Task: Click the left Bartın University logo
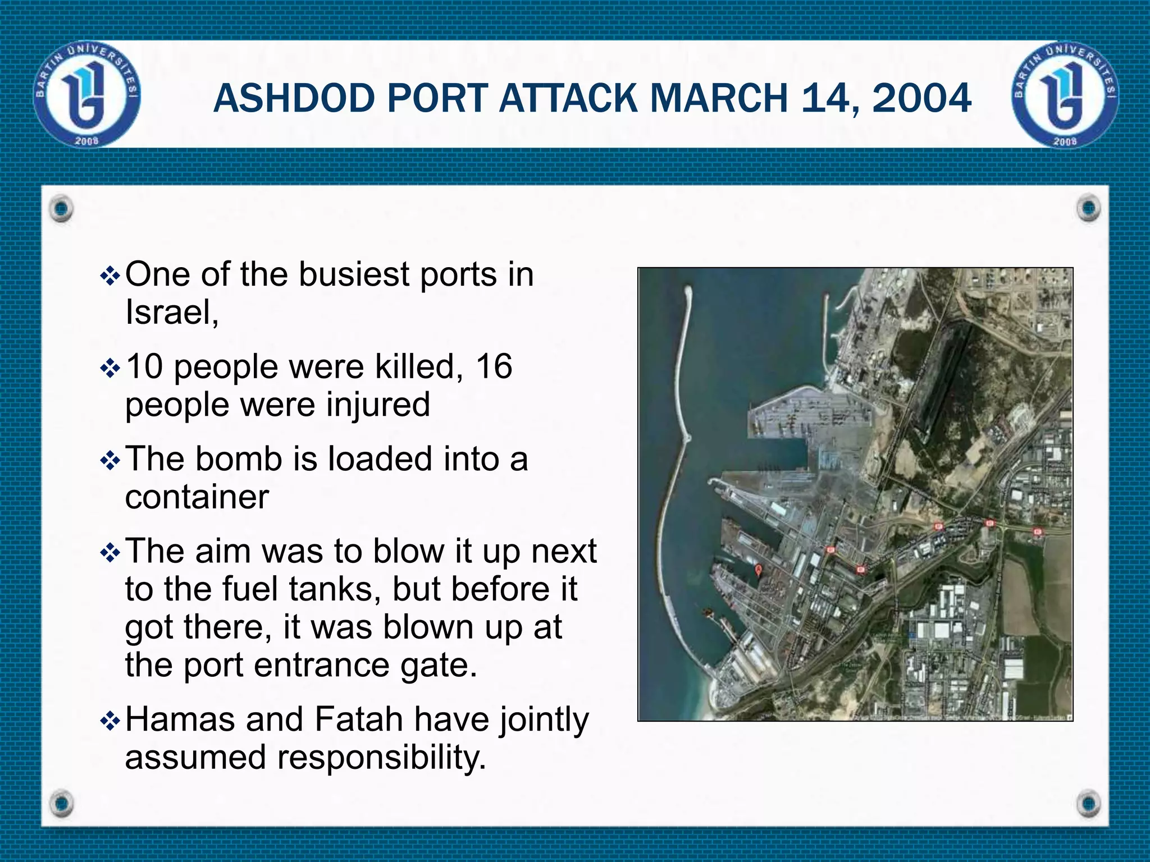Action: coord(88,94)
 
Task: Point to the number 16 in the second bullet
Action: coord(494,366)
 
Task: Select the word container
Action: coord(197,497)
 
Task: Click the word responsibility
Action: coord(381,758)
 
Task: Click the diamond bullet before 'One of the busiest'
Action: coord(109,276)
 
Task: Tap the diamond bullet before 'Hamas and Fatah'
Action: coord(109,721)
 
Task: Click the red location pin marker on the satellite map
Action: coord(758,570)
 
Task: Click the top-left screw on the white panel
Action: coord(61,209)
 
